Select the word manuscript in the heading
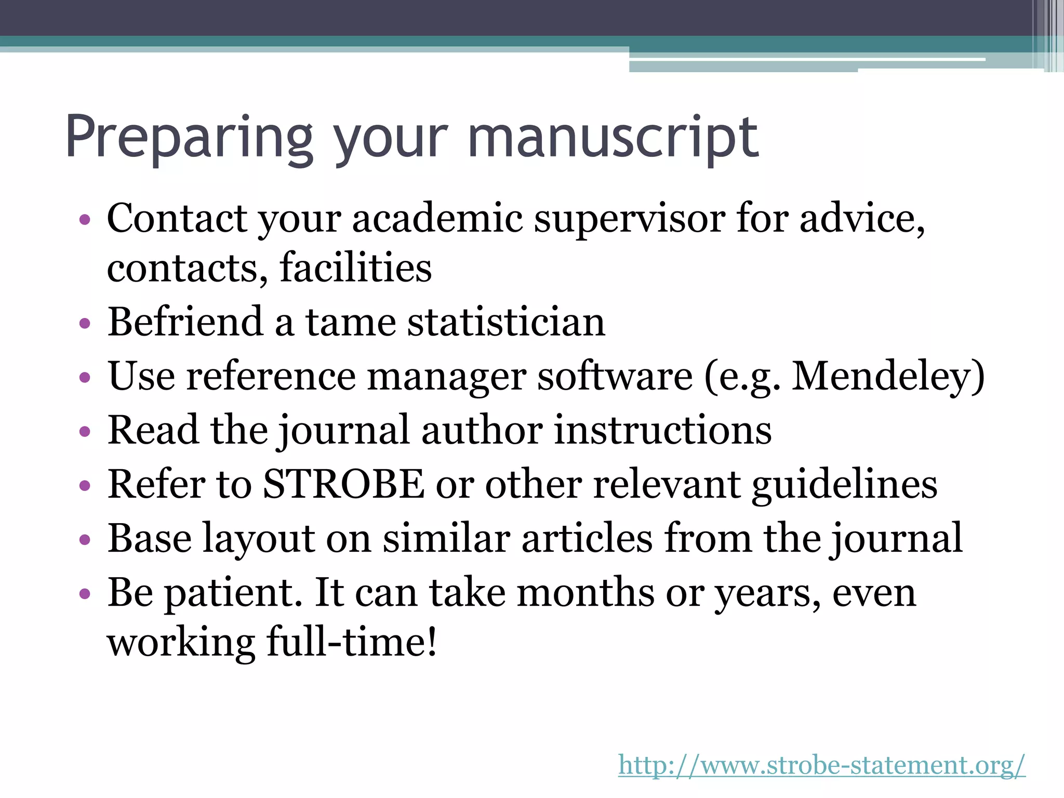613,138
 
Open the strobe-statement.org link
821,765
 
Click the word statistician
506,322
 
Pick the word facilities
355,268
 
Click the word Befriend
185,322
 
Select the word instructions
662,430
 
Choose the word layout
258,539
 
